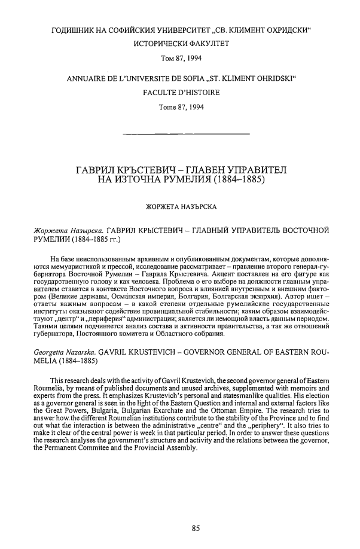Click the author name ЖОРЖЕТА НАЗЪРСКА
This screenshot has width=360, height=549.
point(180,208)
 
